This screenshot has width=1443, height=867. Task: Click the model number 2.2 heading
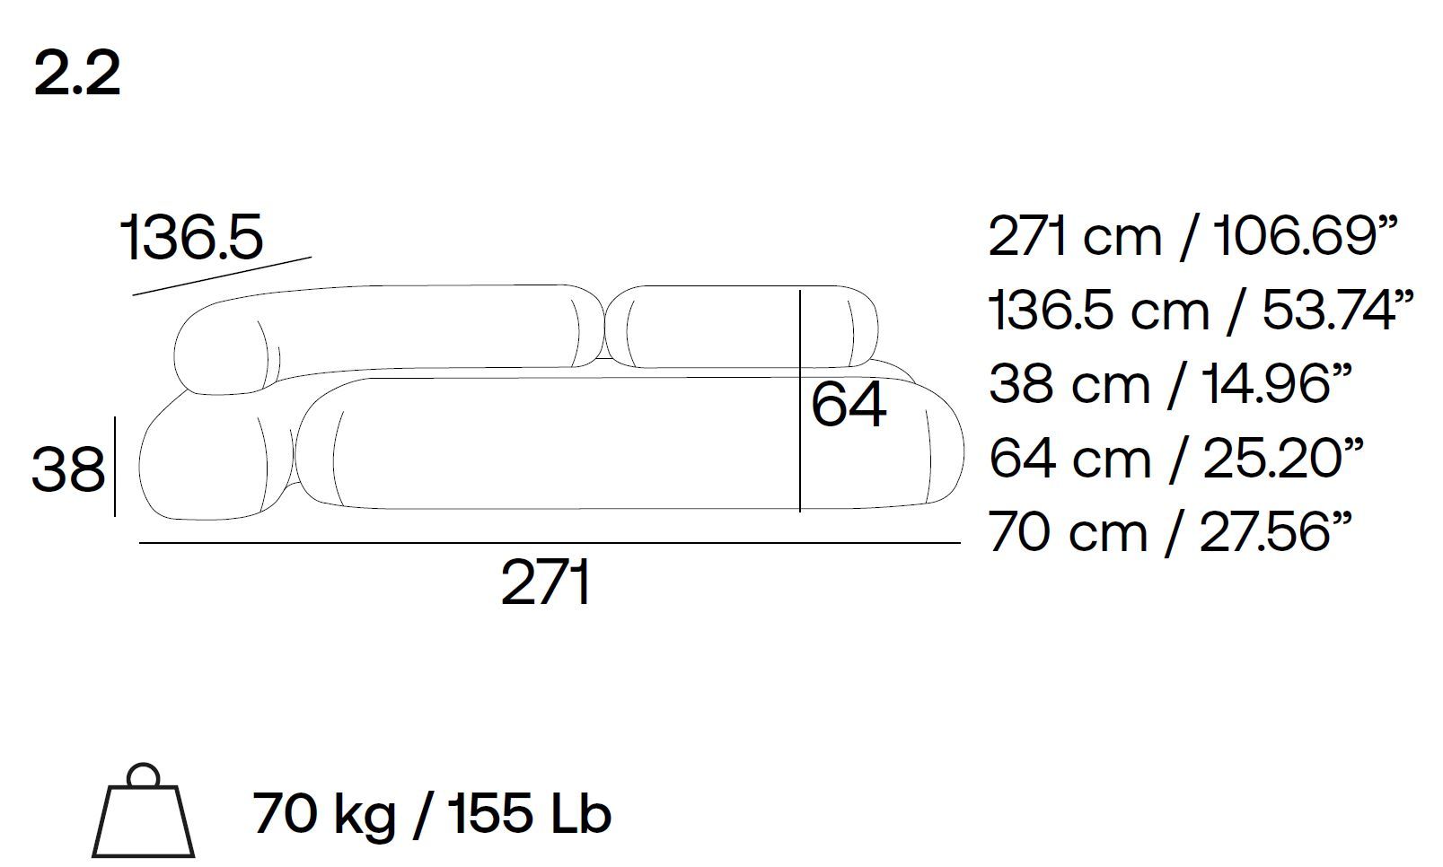[77, 74]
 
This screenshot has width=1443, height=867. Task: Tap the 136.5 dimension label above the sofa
[191, 237]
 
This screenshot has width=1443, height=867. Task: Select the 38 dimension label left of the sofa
[68, 469]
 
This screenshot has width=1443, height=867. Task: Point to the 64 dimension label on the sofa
[849, 404]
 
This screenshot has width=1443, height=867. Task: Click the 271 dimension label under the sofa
[546, 582]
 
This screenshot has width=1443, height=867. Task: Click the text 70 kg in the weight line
[323, 814]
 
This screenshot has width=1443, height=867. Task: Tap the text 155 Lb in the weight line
[529, 813]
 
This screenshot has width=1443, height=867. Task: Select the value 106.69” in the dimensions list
[1305, 235]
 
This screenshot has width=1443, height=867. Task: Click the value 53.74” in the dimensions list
[1337, 311]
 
